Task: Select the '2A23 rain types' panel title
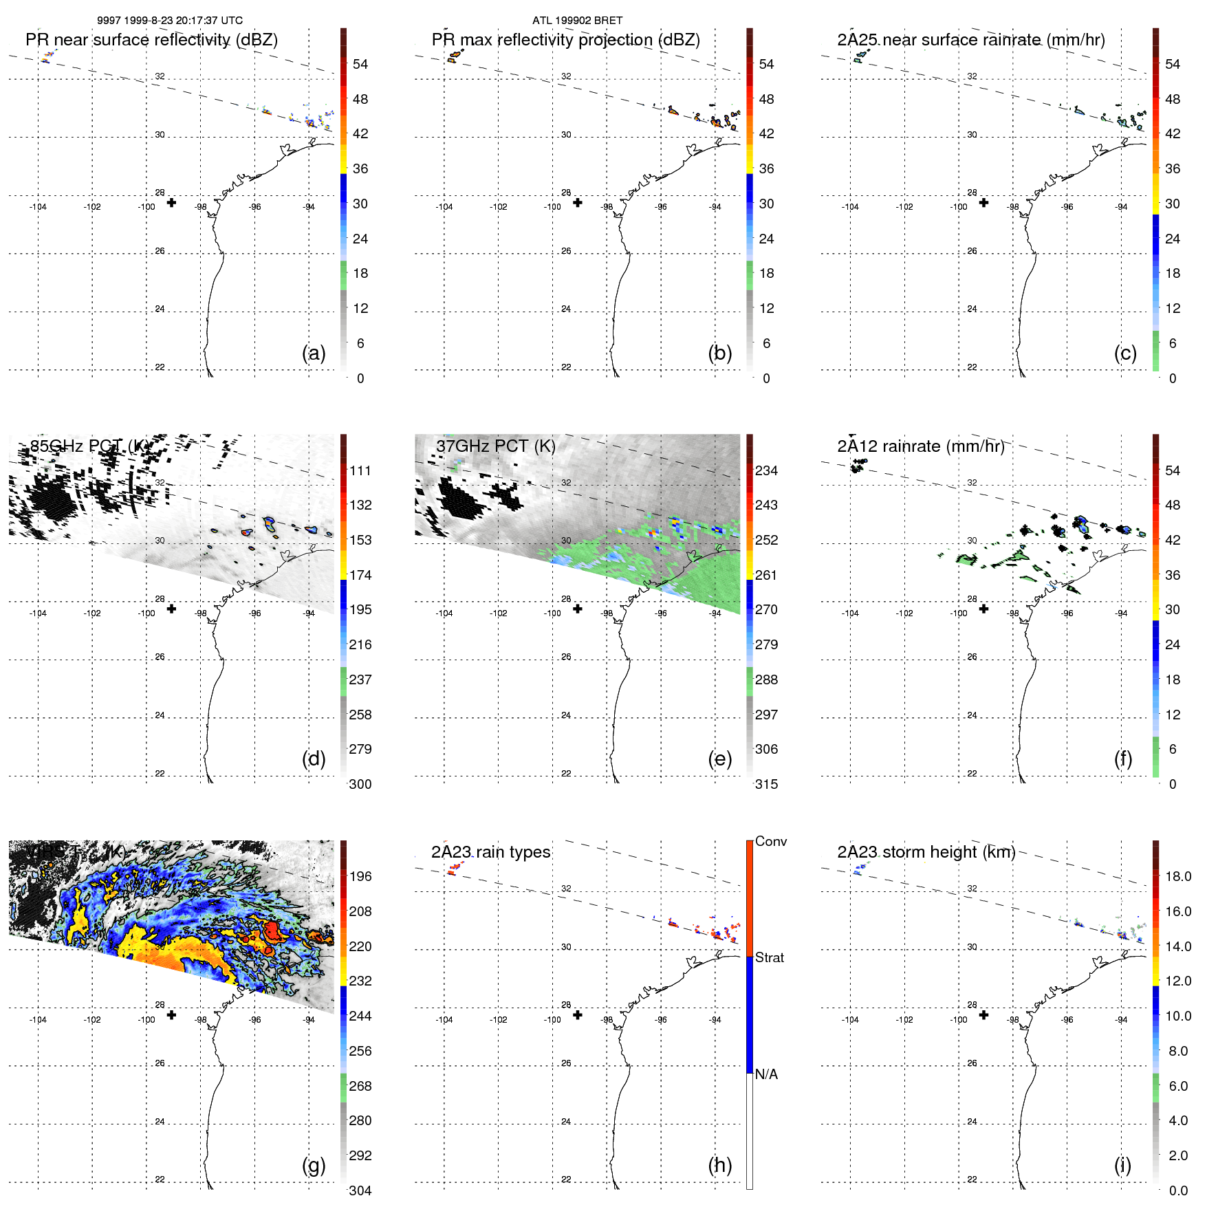tap(490, 852)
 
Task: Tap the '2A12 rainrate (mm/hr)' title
tap(920, 446)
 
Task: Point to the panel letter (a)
tap(314, 353)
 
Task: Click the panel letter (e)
tap(719, 759)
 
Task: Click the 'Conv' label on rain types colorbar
tap(770, 841)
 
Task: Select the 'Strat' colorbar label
tap(769, 957)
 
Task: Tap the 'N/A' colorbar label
tap(766, 1074)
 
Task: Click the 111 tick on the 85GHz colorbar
tap(360, 470)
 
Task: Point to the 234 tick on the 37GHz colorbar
tap(766, 470)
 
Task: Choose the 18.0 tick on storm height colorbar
tap(1178, 876)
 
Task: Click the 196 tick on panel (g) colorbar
tap(360, 876)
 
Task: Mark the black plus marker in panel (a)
tap(171, 203)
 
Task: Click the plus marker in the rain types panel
tap(578, 1015)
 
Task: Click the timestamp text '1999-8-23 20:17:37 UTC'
tap(184, 21)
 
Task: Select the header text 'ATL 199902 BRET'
tap(577, 21)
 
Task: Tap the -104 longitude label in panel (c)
tap(850, 207)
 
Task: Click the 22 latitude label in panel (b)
tap(566, 367)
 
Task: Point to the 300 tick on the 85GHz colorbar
tap(360, 784)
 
